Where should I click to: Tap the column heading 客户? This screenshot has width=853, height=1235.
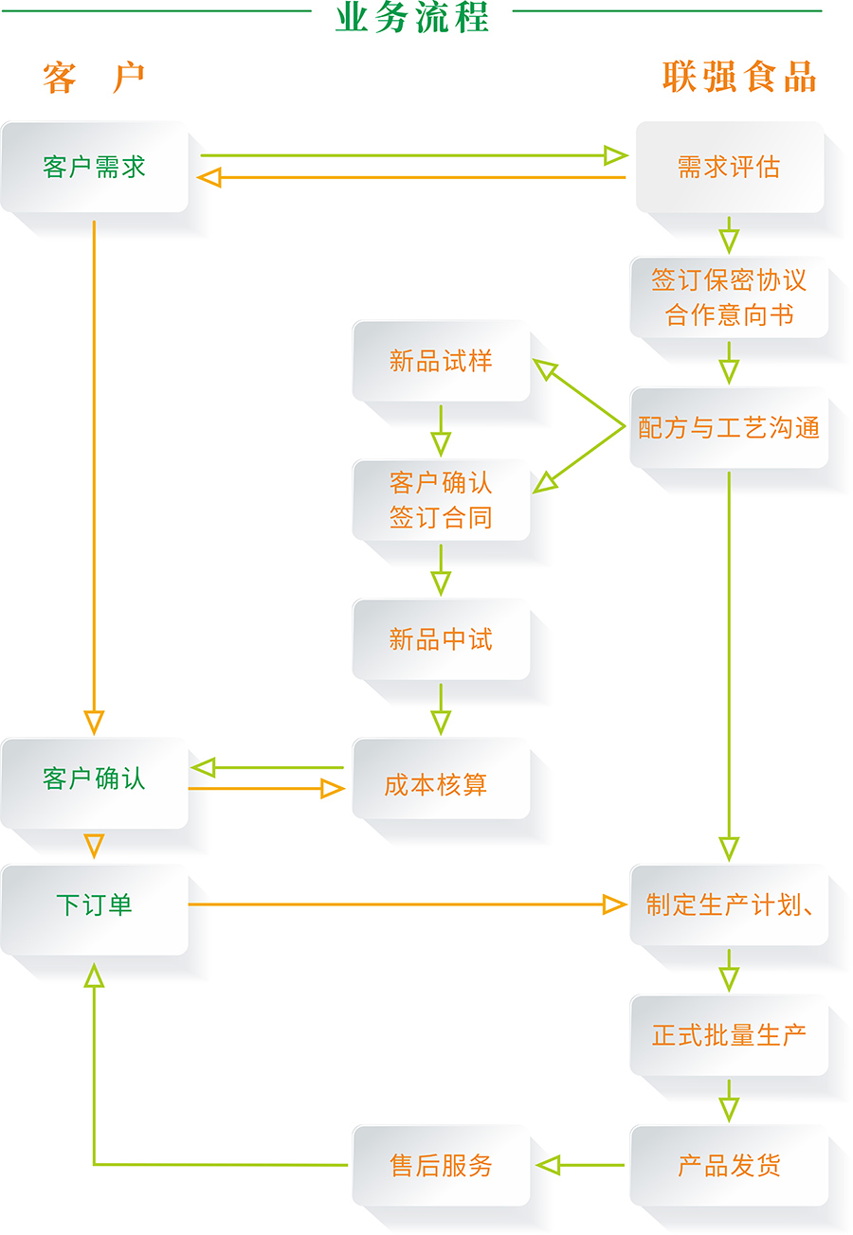(x=93, y=78)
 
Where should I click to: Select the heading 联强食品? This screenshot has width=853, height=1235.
(x=739, y=78)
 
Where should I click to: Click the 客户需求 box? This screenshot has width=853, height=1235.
(x=94, y=168)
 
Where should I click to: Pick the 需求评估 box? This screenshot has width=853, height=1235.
(x=729, y=168)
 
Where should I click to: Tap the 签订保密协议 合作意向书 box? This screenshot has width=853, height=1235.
(x=729, y=297)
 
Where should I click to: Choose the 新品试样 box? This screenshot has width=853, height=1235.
(x=441, y=361)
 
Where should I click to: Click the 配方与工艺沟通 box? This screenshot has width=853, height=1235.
(x=729, y=428)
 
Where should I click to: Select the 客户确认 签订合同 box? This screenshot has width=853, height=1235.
(x=441, y=500)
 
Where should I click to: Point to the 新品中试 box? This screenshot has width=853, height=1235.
(x=441, y=639)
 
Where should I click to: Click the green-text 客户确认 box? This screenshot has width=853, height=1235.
(x=94, y=779)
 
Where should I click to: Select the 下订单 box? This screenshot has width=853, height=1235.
(x=94, y=905)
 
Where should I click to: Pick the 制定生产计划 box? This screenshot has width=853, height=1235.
(x=729, y=905)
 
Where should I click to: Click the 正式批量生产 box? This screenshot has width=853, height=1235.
(x=729, y=1035)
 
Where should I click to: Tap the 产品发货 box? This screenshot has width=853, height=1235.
(x=729, y=1165)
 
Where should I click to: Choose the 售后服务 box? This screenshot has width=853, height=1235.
(x=441, y=1165)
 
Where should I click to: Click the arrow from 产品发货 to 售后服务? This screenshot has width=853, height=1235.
(x=580, y=1165)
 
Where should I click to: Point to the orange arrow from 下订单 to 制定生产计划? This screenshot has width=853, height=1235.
(x=408, y=905)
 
